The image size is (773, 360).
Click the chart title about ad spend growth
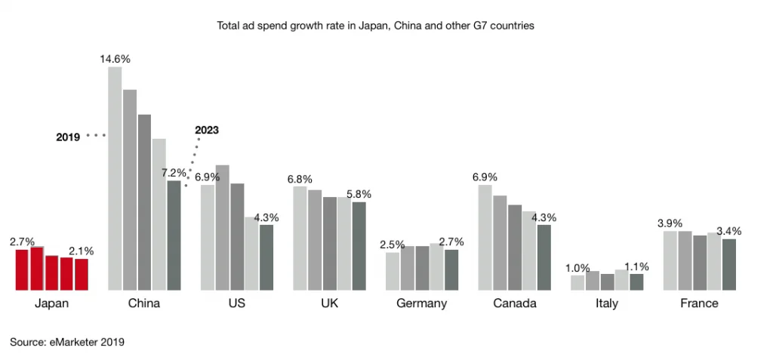point(375,26)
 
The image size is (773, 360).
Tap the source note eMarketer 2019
point(67,342)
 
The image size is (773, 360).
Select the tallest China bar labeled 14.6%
point(115,178)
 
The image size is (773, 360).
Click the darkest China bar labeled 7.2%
point(174,235)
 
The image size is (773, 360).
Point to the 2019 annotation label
point(68,137)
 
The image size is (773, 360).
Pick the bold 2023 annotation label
point(206,130)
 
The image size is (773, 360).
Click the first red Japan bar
point(22,269)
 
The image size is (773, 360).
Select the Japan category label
point(51,303)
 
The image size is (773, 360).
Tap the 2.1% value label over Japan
point(81,251)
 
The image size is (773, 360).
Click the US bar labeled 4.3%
point(266,257)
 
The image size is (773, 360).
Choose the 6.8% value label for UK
point(300,179)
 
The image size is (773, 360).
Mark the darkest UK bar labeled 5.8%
point(359,245)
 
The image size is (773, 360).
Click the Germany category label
point(421,303)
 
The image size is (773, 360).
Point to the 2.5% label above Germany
point(393,245)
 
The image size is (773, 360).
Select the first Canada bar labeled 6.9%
point(485,237)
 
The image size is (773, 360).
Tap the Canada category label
point(515,303)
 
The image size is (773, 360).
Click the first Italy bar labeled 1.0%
point(577,282)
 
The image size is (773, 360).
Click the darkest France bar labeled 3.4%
point(728,264)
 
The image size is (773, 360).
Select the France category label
point(699,303)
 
